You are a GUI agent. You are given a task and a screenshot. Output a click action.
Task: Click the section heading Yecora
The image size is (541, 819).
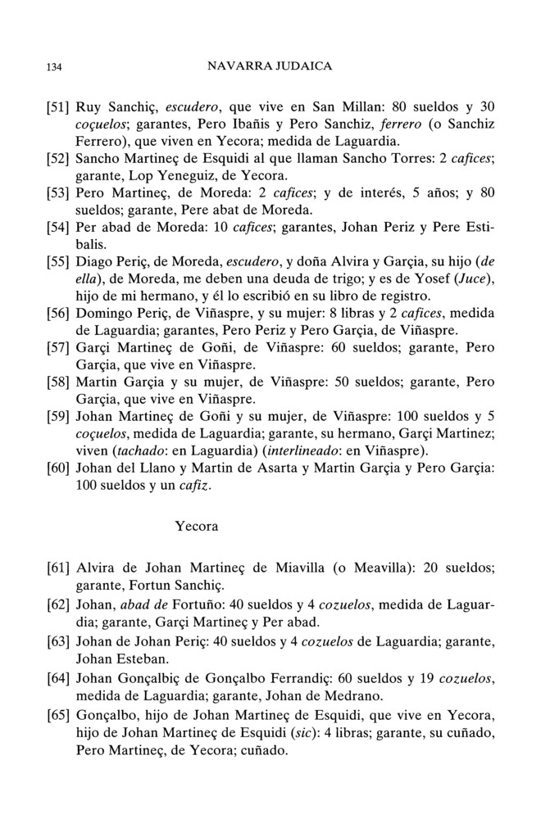(x=196, y=526)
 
